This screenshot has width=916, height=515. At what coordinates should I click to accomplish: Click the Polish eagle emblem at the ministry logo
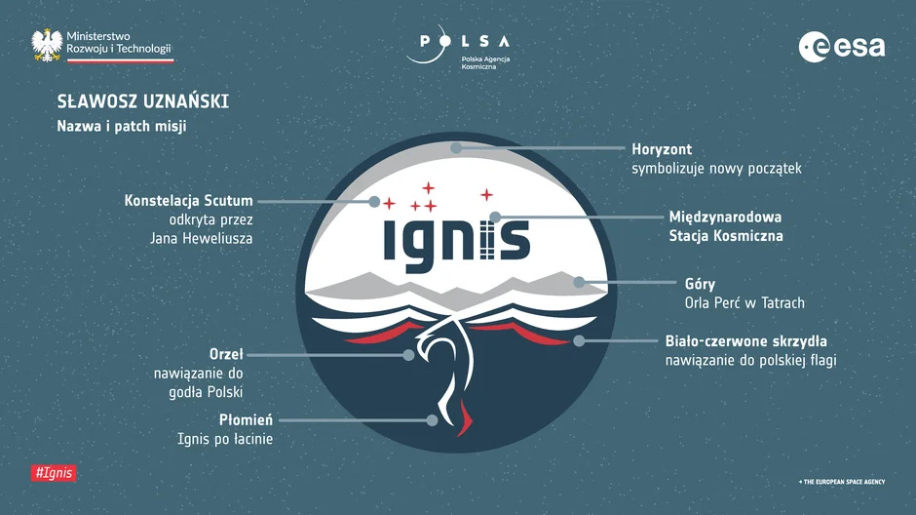click(47, 45)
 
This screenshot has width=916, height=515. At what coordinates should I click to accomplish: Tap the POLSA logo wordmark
click(465, 41)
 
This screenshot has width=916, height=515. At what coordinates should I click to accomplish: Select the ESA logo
click(842, 46)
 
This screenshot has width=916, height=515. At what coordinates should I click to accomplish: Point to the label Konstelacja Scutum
click(188, 201)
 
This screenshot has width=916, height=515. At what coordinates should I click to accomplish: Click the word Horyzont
click(662, 149)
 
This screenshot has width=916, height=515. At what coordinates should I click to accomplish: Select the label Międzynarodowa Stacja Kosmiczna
click(725, 225)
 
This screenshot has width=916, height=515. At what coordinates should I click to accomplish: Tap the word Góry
click(700, 284)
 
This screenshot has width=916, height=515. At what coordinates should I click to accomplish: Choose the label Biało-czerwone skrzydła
click(745, 340)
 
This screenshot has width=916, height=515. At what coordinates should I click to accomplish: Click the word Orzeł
click(226, 353)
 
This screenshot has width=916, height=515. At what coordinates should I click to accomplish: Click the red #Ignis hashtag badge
click(54, 473)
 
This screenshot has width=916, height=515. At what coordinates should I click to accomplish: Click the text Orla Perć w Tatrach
click(744, 303)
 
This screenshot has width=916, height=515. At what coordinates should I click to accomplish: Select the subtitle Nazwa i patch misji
click(121, 127)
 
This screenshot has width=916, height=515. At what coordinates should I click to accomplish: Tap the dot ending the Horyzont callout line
click(455, 148)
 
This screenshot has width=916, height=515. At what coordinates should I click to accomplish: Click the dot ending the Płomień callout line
click(433, 420)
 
